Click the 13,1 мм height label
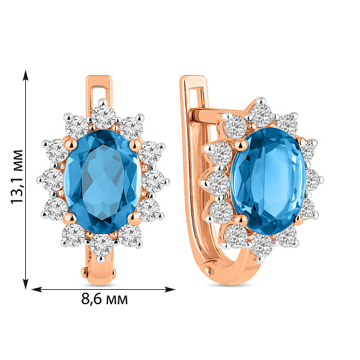click(x=17, y=176)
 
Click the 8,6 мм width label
click(x=104, y=299)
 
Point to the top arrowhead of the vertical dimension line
click(x=26, y=76)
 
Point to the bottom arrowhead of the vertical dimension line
click(x=26, y=284)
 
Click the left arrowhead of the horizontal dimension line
click(x=36, y=289)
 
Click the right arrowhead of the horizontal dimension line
click(x=170, y=289)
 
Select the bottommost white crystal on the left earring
click(x=101, y=245)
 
